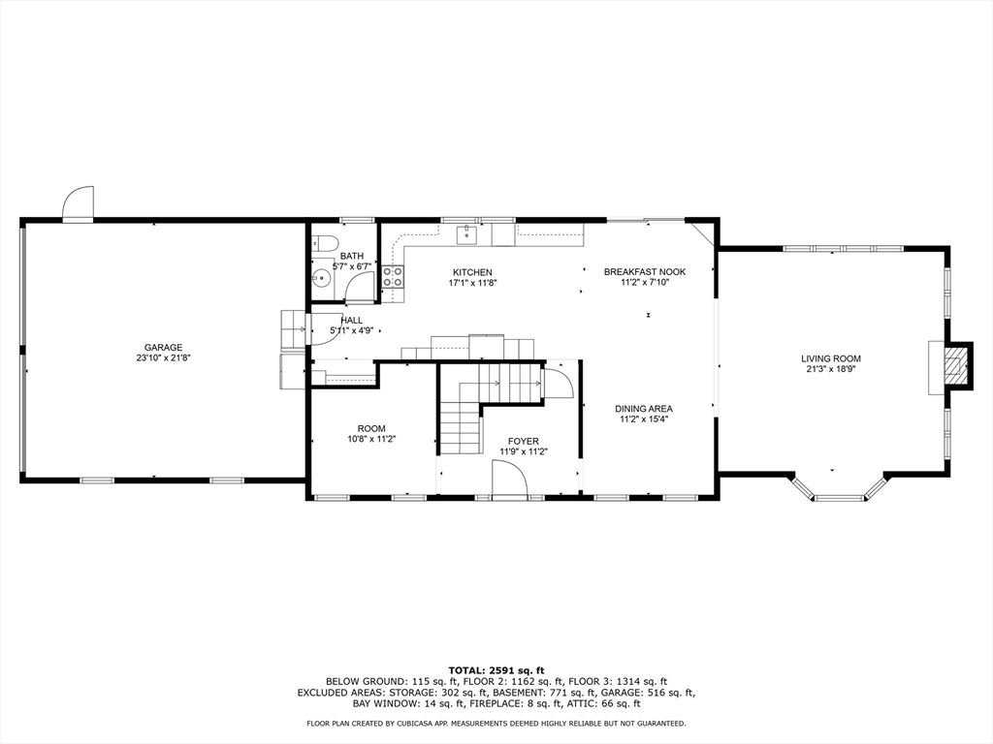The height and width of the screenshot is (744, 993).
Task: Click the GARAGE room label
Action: click(163, 348)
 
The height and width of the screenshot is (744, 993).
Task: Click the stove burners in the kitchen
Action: click(393, 277)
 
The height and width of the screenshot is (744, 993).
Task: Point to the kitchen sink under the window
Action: click(468, 233)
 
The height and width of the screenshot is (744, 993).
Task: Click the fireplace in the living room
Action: click(956, 366)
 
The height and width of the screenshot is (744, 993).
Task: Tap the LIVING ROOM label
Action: click(831, 358)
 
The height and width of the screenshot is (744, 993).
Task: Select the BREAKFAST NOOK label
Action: click(645, 272)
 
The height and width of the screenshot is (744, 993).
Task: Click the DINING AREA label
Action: click(644, 409)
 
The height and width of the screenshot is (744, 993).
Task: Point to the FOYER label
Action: click(523, 441)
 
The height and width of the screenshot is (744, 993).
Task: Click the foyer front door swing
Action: click(509, 480)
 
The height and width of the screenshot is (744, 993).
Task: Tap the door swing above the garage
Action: click(79, 203)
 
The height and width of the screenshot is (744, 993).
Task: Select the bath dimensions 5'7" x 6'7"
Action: click(351, 267)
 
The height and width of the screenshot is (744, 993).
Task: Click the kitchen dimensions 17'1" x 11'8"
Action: click(472, 283)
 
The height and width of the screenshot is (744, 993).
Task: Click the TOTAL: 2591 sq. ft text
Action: click(496, 670)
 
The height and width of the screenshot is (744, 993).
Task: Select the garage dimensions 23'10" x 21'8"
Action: click(163, 357)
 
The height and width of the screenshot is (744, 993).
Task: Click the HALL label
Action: click(351, 320)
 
